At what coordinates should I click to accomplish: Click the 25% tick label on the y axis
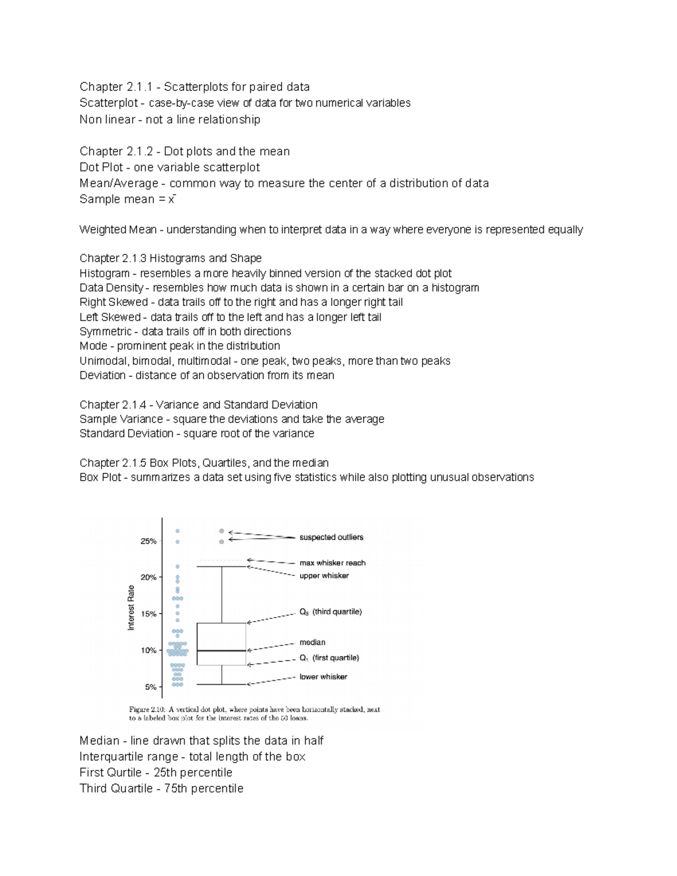click(x=148, y=541)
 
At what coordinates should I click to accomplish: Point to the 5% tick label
click(x=150, y=687)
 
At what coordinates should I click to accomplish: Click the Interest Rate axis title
click(x=131, y=608)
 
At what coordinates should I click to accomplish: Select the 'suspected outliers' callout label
click(x=331, y=538)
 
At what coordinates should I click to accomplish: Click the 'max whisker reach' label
click(x=332, y=563)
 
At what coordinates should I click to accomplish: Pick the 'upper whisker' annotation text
click(x=324, y=576)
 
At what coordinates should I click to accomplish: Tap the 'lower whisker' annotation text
click(x=323, y=677)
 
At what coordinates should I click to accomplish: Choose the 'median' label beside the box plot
click(x=312, y=642)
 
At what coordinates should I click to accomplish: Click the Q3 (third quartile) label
click(x=330, y=612)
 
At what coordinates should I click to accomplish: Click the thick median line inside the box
click(x=221, y=650)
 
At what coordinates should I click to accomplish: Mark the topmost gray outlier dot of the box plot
click(x=222, y=531)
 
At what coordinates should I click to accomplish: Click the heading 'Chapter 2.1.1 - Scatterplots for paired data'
click(x=194, y=87)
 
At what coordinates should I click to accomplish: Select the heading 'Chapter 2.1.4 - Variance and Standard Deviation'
click(x=198, y=404)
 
